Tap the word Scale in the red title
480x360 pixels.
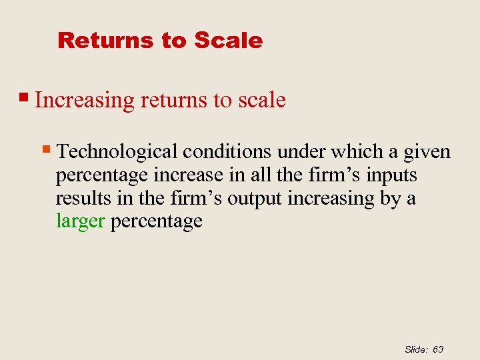tap(228, 40)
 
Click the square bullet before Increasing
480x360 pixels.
tap(26, 98)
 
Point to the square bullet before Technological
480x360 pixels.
tap(47, 150)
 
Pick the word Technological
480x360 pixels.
tap(118, 152)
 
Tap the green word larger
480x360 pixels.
tap(80, 222)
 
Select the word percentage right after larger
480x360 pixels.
tap(156, 222)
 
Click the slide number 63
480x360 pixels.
tap(438, 349)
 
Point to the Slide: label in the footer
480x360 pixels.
tap(417, 349)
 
